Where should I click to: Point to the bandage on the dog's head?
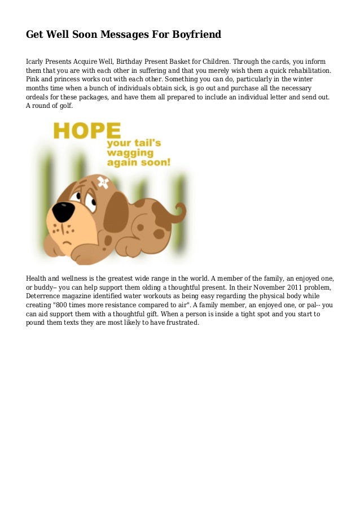(104, 182)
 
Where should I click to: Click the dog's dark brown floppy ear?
(116, 212)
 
